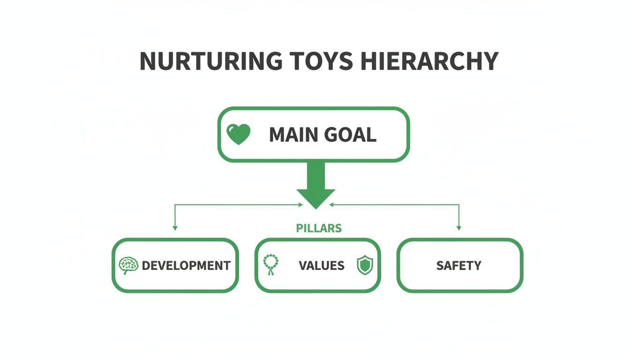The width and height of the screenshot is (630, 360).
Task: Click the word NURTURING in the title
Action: (x=210, y=61)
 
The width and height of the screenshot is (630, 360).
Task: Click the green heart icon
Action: (x=238, y=135)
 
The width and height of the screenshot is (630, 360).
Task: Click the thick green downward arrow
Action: (x=315, y=185)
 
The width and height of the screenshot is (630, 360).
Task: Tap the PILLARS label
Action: (x=319, y=228)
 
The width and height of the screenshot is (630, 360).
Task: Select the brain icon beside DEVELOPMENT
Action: (x=128, y=265)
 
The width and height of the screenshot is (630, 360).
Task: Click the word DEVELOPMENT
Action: (x=186, y=266)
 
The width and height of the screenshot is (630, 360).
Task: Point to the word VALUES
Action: (x=321, y=266)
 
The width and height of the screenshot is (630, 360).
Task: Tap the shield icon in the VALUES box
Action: (x=365, y=265)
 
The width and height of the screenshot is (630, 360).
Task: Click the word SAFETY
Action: (x=458, y=266)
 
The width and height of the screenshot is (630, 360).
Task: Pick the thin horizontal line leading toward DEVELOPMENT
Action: (x=234, y=204)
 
